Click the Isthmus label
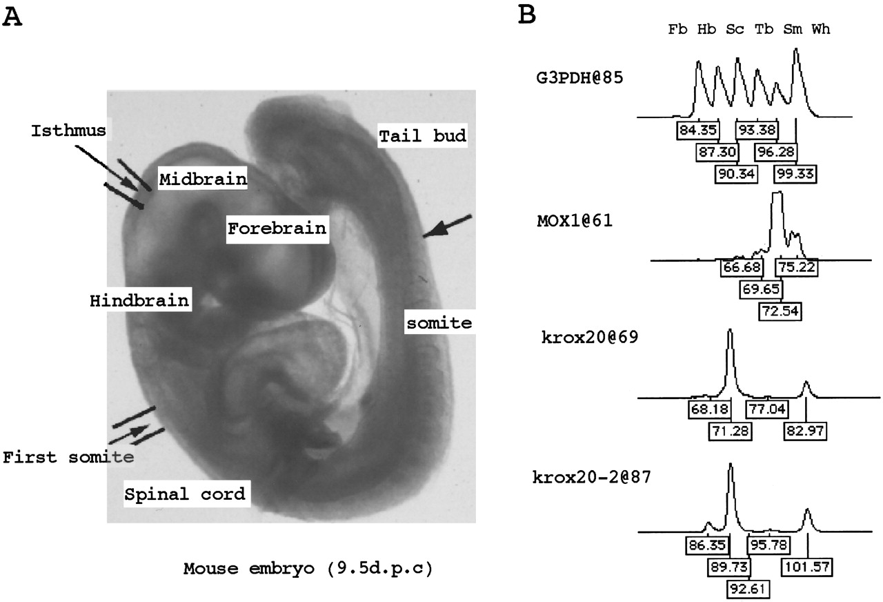[x=68, y=130]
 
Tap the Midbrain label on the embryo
[x=203, y=179]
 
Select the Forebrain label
[x=277, y=229]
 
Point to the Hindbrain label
[x=139, y=300]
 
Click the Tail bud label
[x=423, y=136]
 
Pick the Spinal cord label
[x=185, y=494]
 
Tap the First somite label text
[x=68, y=457]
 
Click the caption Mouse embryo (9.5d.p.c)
[x=308, y=568]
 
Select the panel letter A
[x=12, y=17]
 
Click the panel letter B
[x=526, y=15]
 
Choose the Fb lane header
[x=677, y=29]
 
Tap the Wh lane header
[x=821, y=29]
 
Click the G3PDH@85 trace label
[x=579, y=77]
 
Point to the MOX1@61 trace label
[x=575, y=220]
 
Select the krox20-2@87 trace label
[x=592, y=477]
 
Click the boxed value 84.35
[x=697, y=130]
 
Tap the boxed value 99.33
[x=795, y=174]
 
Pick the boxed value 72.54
[x=780, y=311]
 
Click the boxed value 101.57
[x=807, y=567]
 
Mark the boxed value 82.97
[x=804, y=430]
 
